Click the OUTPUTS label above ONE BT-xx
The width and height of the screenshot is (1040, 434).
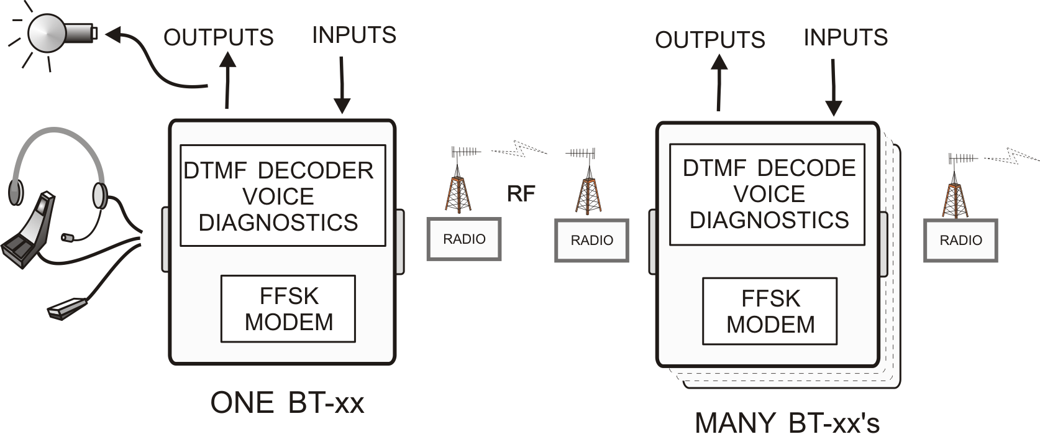218,37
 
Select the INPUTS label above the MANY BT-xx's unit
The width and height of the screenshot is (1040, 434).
846,37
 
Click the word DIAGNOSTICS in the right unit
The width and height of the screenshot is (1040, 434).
769,220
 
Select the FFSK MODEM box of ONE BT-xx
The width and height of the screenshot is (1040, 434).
288,309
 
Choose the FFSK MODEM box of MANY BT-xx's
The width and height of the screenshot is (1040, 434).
770,312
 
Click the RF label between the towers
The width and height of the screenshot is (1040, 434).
521,194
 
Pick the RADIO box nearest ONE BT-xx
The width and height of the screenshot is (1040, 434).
464,239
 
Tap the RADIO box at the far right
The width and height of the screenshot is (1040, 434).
960,241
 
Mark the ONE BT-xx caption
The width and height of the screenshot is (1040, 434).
287,403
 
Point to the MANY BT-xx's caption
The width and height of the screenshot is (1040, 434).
787,422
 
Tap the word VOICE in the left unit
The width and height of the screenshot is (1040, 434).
278,196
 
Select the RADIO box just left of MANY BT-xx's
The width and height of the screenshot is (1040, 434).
591,241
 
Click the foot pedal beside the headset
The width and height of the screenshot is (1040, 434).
28,233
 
